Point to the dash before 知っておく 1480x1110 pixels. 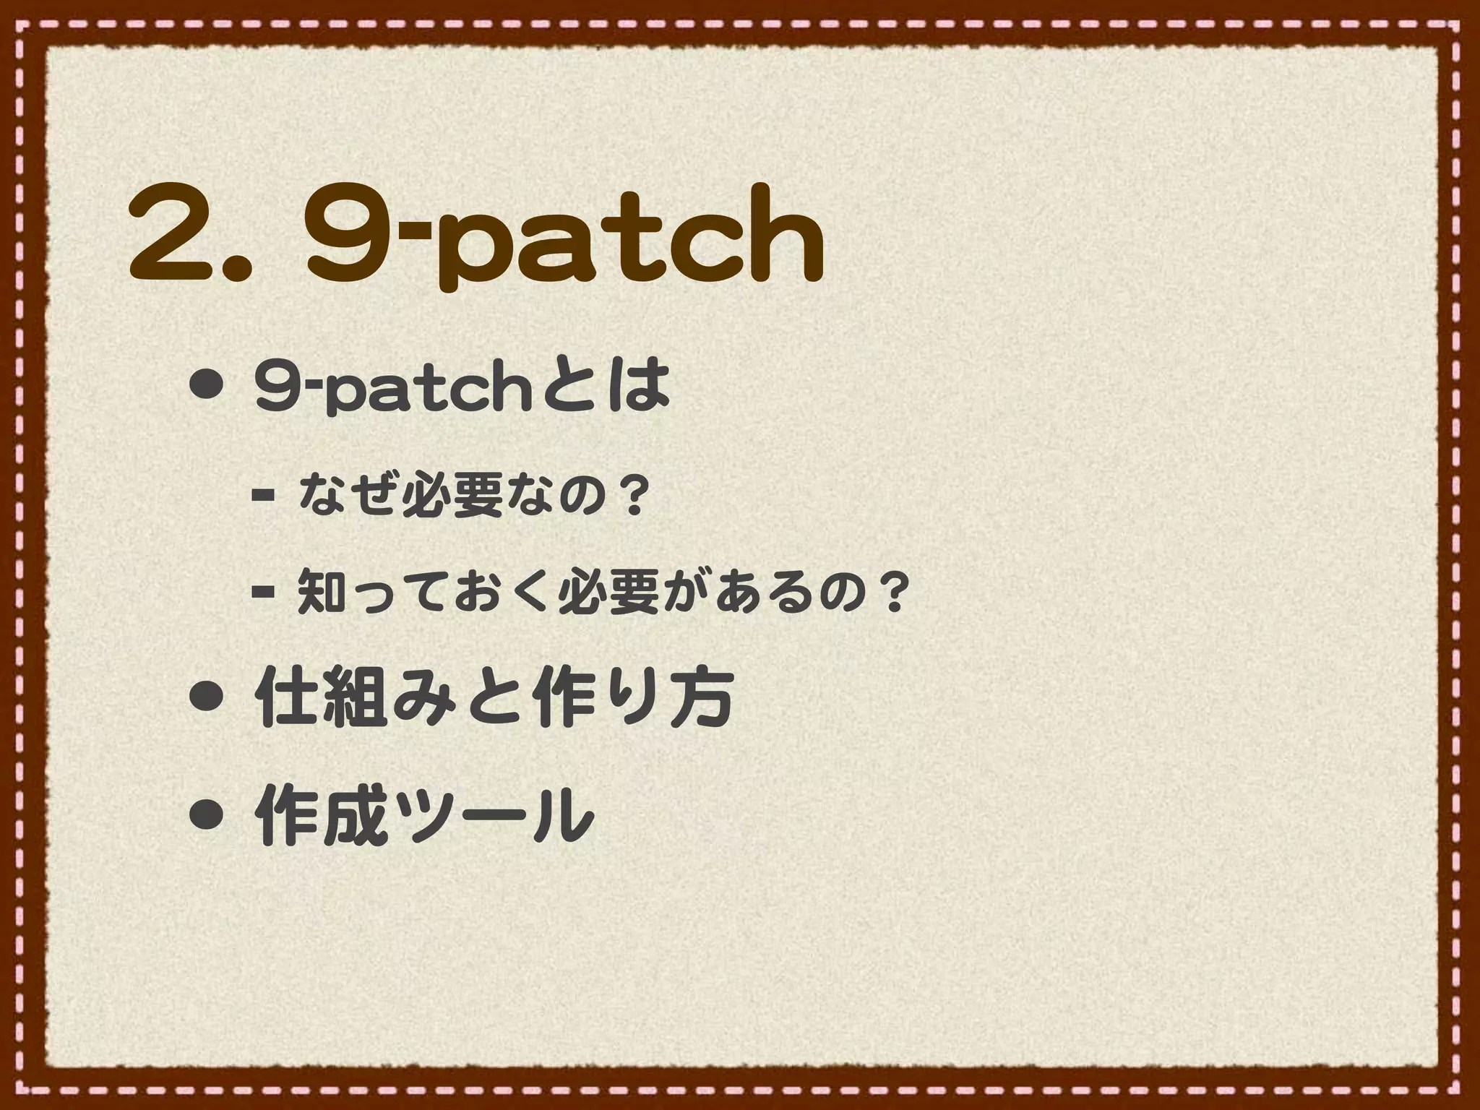(262, 594)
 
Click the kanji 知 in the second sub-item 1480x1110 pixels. (320, 591)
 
